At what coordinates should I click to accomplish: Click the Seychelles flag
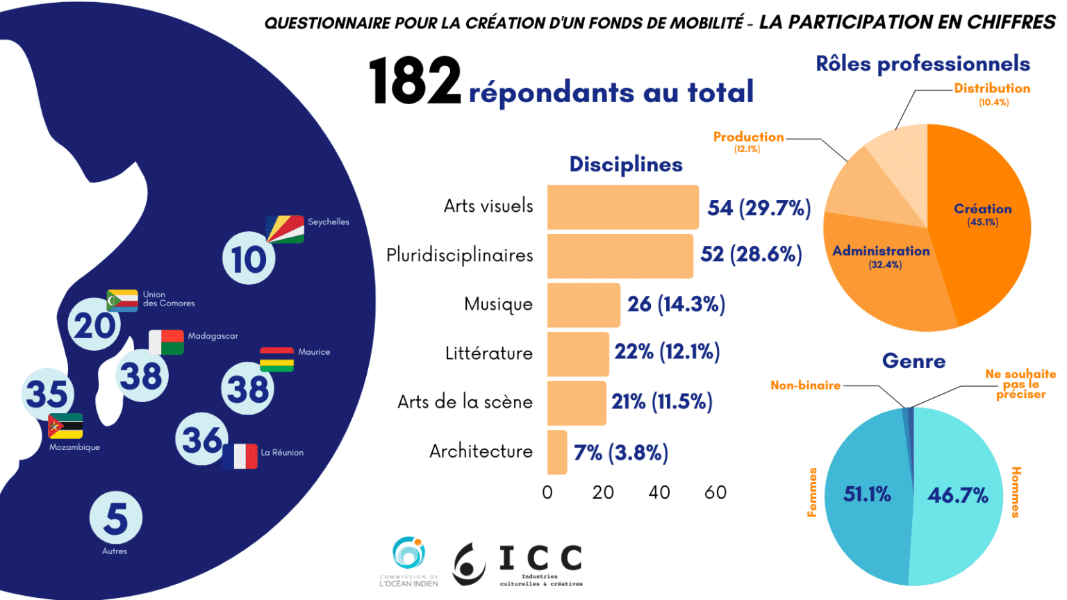click(286, 229)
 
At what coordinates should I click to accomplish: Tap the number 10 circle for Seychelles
click(249, 259)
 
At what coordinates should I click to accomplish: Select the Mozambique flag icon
click(66, 426)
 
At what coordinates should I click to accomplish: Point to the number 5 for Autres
click(115, 519)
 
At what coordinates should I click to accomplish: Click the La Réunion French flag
click(240, 456)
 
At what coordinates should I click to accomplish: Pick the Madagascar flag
click(167, 342)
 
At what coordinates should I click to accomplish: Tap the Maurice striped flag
click(276, 360)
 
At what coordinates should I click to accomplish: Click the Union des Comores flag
click(122, 300)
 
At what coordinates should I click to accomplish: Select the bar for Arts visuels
click(622, 207)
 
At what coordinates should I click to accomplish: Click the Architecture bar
click(557, 452)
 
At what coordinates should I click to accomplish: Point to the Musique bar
click(584, 305)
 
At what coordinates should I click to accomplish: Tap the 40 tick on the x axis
click(659, 492)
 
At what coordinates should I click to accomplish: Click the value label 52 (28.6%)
click(751, 254)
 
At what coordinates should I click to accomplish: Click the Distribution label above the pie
click(992, 89)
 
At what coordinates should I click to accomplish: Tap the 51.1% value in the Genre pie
click(867, 494)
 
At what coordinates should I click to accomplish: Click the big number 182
click(415, 81)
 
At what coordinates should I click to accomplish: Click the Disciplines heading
click(626, 165)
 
